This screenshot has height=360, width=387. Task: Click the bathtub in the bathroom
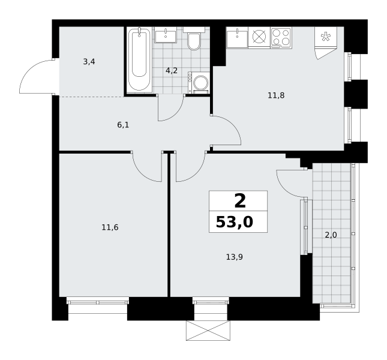139,60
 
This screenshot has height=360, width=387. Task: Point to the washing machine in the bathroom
199,83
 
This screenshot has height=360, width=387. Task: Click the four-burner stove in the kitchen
281,37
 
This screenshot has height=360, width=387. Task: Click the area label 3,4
89,62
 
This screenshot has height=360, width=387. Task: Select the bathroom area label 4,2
172,71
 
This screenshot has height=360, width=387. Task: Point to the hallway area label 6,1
123,125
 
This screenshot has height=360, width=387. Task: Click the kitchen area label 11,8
276,95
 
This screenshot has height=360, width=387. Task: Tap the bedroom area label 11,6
110,227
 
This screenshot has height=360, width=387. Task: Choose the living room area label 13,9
235,257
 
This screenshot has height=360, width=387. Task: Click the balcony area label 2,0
331,235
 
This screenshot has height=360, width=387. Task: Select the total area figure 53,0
235,222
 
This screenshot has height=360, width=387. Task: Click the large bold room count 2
240,201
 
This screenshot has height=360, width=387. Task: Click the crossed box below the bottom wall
208,331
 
